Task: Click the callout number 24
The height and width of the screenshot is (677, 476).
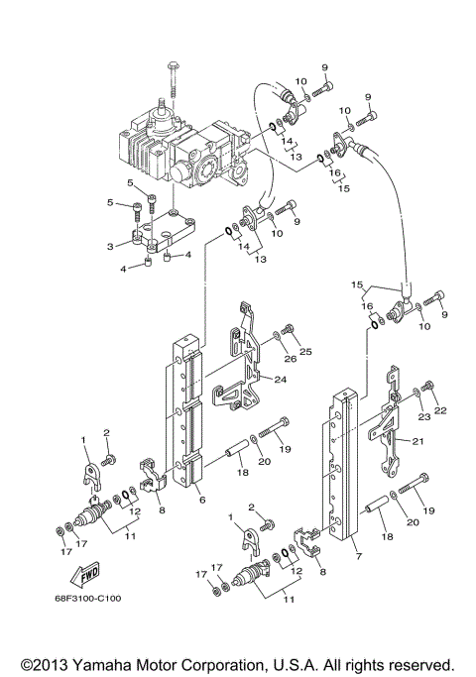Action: point(281,380)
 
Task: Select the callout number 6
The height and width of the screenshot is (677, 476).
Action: point(201,501)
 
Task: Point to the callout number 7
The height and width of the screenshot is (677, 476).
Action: point(358,555)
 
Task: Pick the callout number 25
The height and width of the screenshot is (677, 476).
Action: point(305,352)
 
